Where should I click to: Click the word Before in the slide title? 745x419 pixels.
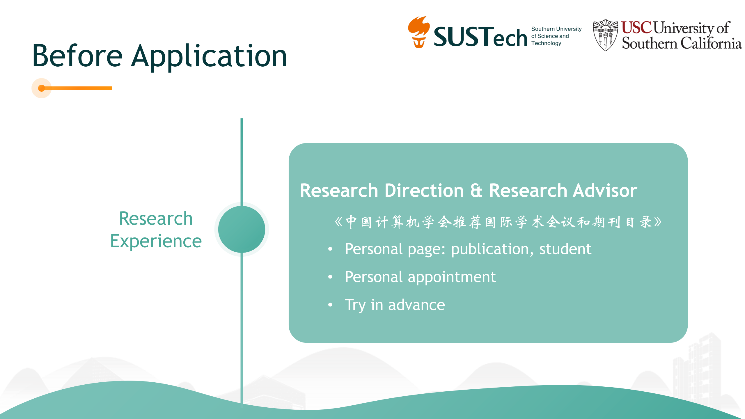tap(77, 56)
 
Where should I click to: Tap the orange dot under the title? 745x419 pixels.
tap(42, 88)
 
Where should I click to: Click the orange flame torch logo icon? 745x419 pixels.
tap(418, 32)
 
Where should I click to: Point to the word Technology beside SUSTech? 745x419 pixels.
tap(546, 43)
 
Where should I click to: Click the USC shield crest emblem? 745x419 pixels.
tap(605, 35)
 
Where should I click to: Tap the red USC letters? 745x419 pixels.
tap(636, 28)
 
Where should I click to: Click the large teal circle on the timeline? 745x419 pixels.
tap(242, 229)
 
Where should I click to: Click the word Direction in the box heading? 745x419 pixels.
tap(424, 191)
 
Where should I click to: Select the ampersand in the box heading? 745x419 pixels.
tap(476, 191)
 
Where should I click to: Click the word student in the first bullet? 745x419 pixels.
tap(565, 249)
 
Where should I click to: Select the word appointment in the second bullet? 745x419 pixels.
tap(452, 277)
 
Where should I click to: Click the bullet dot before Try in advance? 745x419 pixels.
tap(330, 305)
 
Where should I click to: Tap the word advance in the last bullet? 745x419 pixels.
tap(416, 305)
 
